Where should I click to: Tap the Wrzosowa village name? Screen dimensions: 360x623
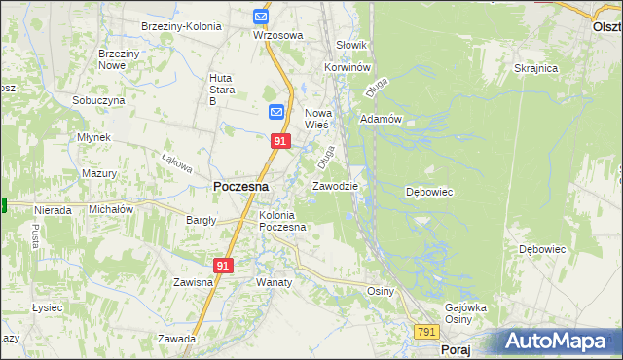[x=277, y=35]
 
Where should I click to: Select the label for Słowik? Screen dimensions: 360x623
[x=350, y=45]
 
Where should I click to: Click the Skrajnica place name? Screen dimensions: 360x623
[x=535, y=68]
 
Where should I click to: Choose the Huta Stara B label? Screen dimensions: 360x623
[x=225, y=89]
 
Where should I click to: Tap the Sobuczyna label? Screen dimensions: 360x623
[x=98, y=100]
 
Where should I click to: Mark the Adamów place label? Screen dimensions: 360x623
[x=381, y=119]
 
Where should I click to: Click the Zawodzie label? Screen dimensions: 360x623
[x=335, y=185]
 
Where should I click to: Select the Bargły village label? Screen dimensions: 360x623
[x=201, y=220]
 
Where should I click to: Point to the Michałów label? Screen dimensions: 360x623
[x=110, y=209]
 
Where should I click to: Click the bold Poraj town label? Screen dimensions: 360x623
[x=456, y=349]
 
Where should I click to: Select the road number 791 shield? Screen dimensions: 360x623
[x=426, y=332]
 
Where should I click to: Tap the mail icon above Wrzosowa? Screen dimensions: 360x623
[x=261, y=17]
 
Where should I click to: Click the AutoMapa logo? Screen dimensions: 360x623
[x=563, y=341]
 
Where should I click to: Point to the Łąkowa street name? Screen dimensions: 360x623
[x=174, y=158]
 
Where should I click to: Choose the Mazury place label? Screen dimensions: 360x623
[x=99, y=173]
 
